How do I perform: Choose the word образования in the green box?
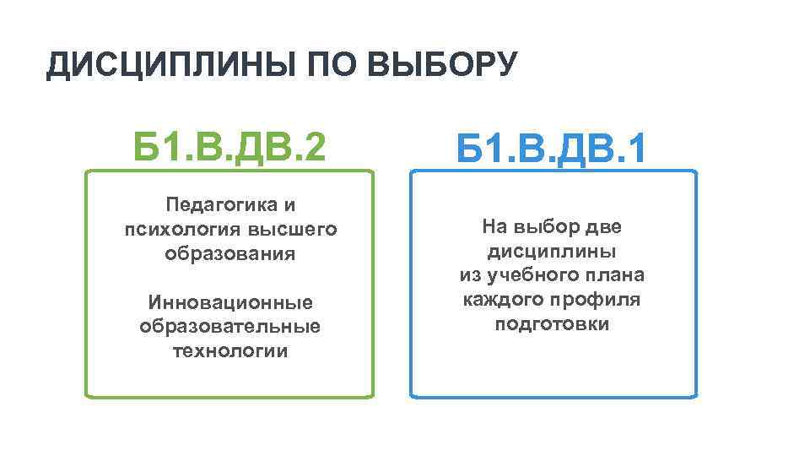(x=229, y=253)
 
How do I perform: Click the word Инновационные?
(x=229, y=301)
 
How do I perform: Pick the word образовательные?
(x=229, y=326)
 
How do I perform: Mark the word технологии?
(x=229, y=350)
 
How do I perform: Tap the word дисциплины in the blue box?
(x=552, y=252)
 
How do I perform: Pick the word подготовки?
(x=552, y=324)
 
